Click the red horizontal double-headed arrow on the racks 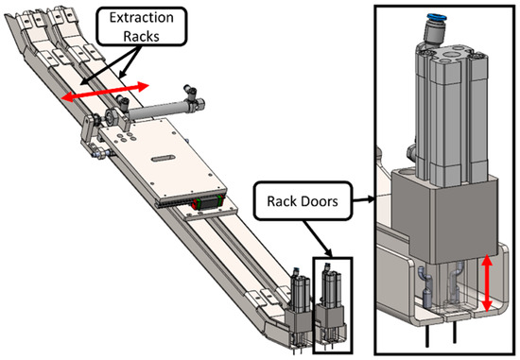(105, 92)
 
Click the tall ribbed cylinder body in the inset (443, 113)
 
